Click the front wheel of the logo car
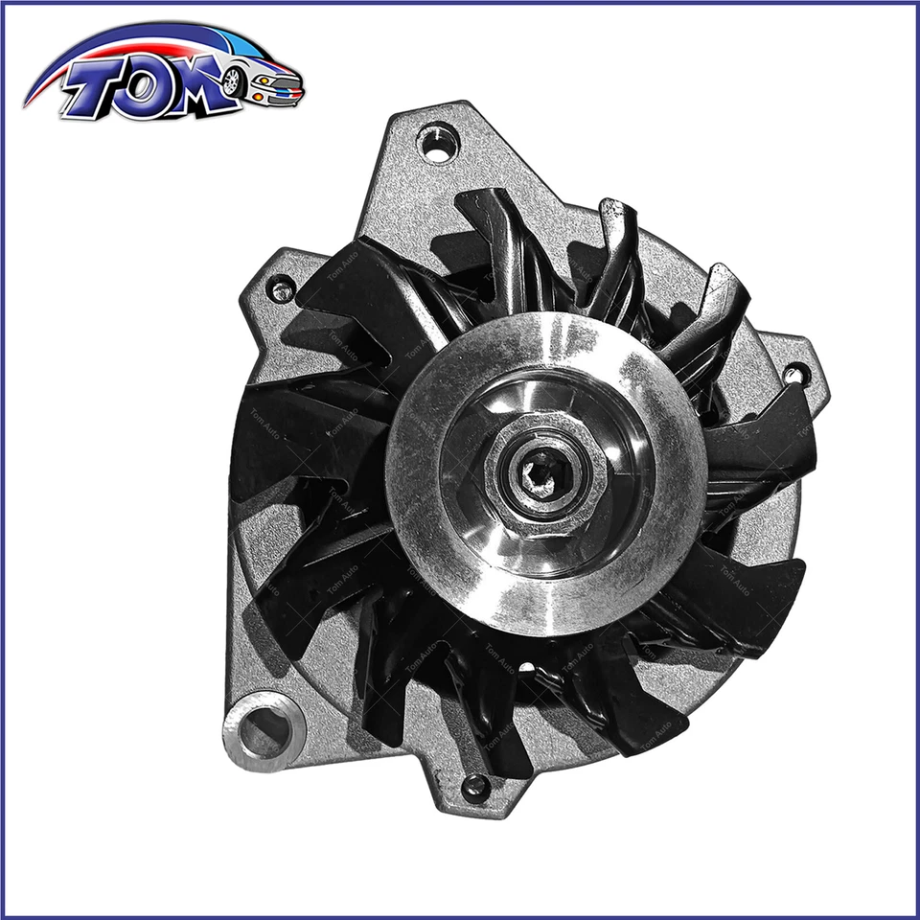231,80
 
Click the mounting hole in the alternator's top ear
438,145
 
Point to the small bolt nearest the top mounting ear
281,287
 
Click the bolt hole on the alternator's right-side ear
794,374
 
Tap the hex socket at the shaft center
542,471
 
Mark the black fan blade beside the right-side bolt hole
757,431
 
